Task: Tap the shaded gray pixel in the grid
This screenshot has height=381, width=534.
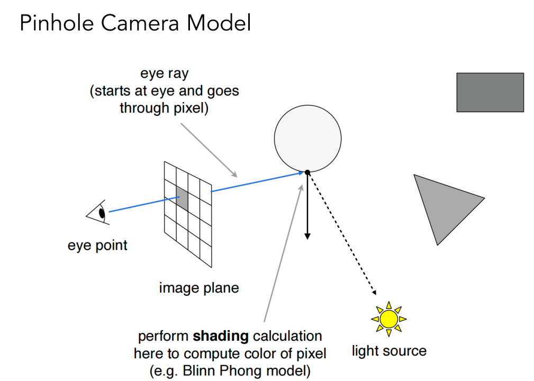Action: point(182,198)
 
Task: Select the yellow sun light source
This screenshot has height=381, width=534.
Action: point(389,318)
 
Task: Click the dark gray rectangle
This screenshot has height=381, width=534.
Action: point(490,93)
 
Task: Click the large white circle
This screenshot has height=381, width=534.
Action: point(308,138)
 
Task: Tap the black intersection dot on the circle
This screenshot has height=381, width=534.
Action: point(307,172)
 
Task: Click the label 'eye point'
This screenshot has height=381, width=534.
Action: point(97,246)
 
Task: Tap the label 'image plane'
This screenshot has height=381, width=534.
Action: point(199,288)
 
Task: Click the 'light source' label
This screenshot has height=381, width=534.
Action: point(389,351)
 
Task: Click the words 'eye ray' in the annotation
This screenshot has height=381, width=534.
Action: point(164,74)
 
